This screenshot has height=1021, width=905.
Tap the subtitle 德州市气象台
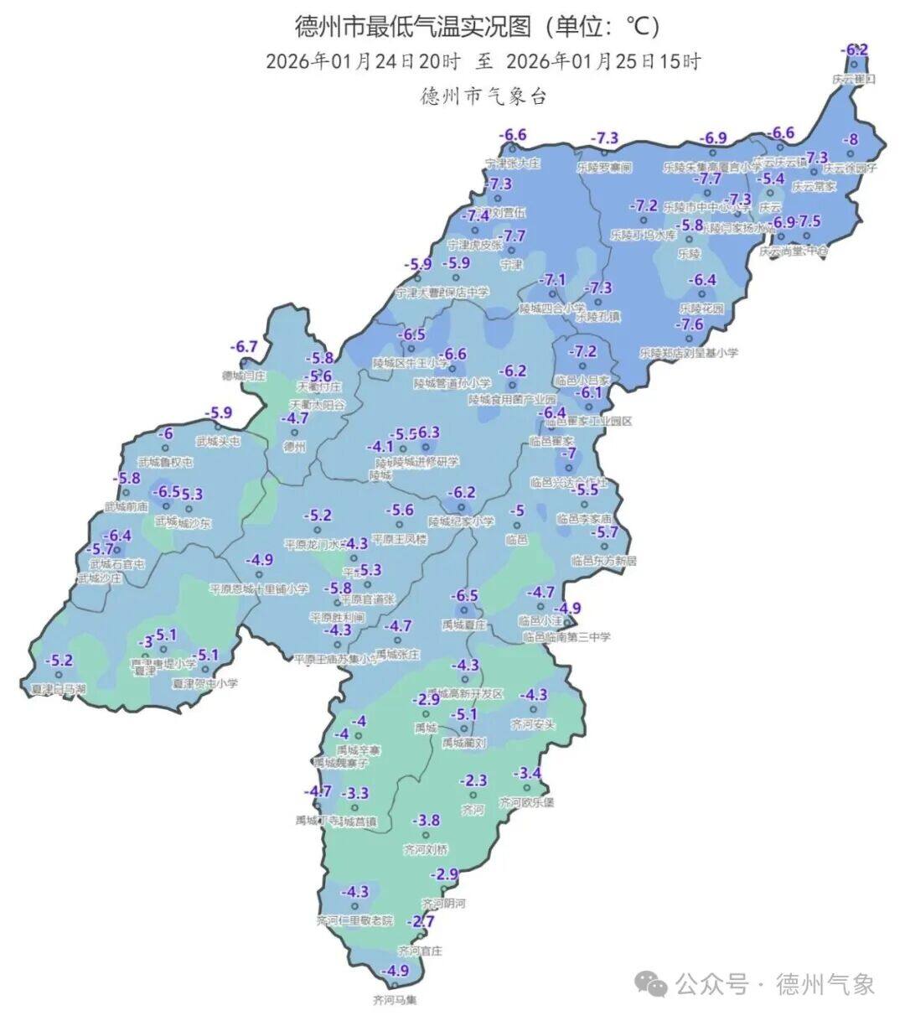coord(484,96)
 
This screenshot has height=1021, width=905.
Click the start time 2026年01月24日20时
coord(363,62)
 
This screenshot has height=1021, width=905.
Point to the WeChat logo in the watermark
coord(652,983)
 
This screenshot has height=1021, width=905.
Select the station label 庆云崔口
coord(854,79)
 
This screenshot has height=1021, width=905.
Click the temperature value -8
coord(851,140)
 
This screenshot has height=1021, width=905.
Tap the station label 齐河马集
coord(395,999)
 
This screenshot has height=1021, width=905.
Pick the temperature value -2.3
coord(473,780)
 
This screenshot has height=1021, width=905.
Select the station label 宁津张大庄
coord(513,163)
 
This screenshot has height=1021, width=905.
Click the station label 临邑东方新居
coord(604,559)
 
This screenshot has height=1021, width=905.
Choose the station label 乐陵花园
coord(701,308)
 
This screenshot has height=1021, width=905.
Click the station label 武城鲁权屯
coord(166,462)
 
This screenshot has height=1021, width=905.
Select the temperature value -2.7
coord(421,921)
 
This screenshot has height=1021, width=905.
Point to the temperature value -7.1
coord(552,280)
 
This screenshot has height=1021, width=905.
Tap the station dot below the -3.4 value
coord(527,787)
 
